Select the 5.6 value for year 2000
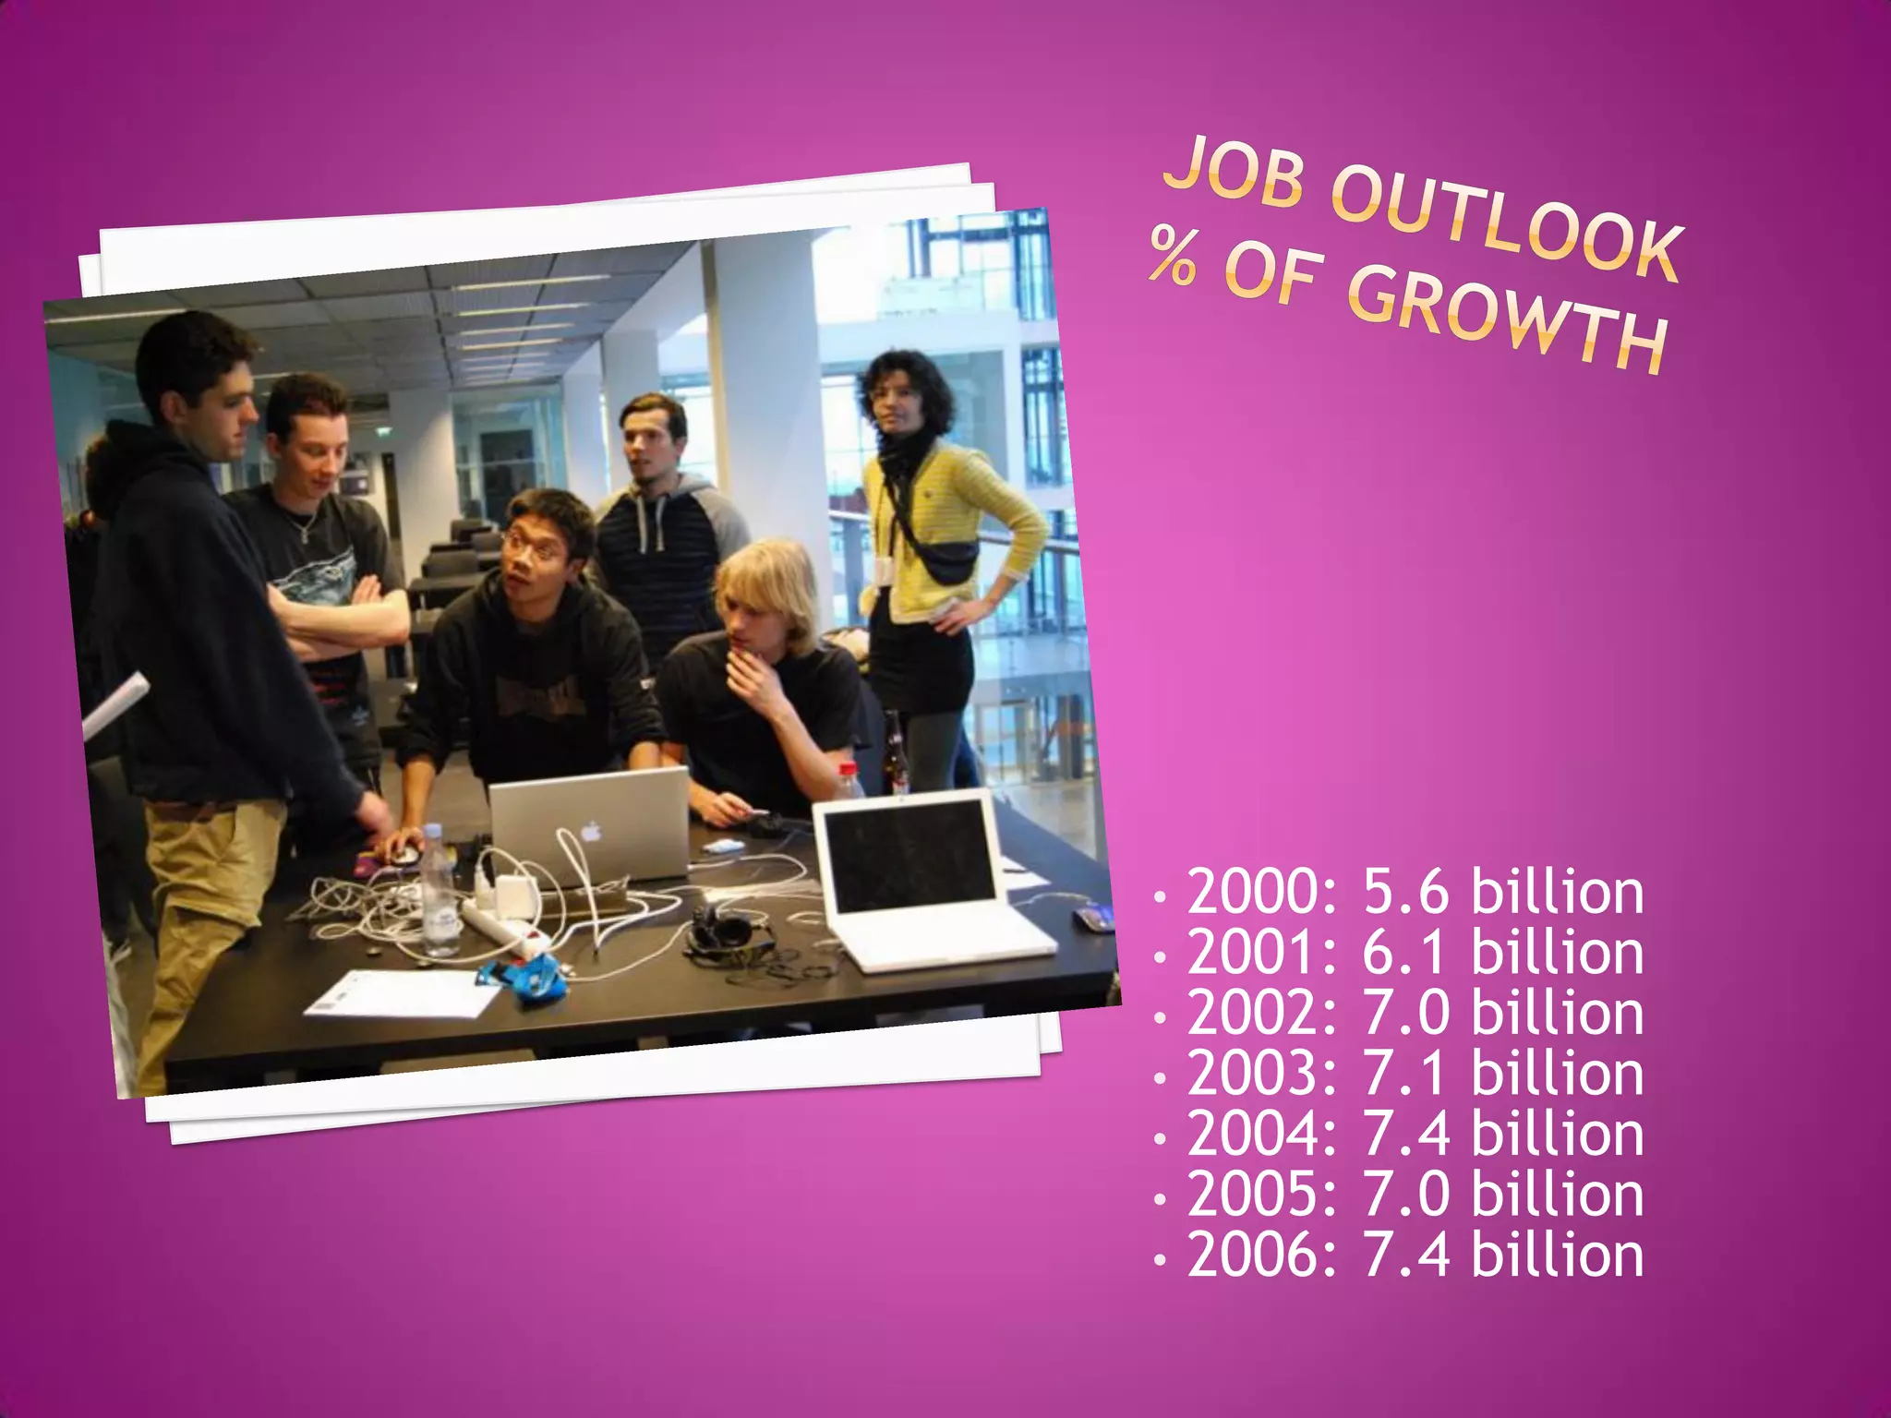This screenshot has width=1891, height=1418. (1407, 893)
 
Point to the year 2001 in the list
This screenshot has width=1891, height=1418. (1261, 953)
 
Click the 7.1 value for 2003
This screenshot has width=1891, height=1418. (1407, 1074)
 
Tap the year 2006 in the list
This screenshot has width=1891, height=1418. (1261, 1255)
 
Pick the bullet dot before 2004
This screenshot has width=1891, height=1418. (1161, 1138)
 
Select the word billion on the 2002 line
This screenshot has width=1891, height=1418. (1557, 1014)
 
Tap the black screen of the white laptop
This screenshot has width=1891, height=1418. (909, 855)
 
